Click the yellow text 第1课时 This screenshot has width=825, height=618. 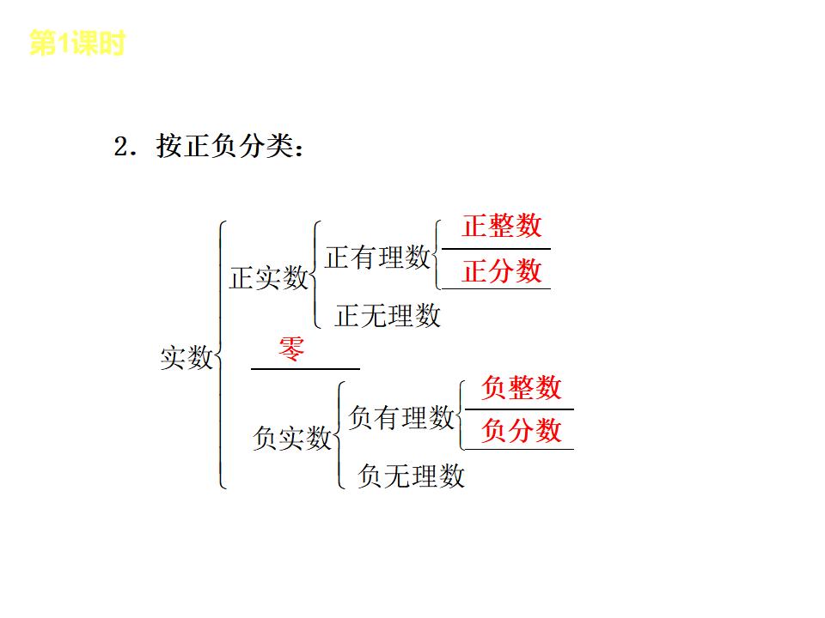point(76,44)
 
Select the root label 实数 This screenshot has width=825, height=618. point(186,357)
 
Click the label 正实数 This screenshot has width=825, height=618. point(268,278)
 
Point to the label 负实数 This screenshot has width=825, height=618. point(291,438)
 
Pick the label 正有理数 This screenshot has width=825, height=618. point(377,257)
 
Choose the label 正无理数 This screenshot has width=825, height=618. point(388,316)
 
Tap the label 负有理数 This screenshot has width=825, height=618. point(401,417)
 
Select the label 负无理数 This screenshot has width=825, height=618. point(412,475)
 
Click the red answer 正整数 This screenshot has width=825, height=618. point(502,226)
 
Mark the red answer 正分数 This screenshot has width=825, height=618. point(502,271)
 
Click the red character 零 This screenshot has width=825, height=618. point(291,349)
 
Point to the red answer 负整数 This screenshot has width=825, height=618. point(521,387)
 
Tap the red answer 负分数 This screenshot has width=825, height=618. point(521,430)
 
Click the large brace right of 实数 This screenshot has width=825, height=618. point(221,355)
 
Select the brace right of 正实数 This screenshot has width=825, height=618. point(315,275)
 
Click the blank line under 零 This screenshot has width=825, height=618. point(305,368)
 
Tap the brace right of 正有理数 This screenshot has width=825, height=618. point(437,254)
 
